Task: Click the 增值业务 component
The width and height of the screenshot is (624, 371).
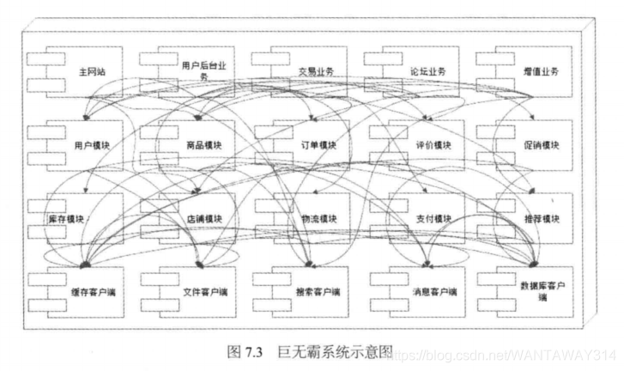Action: pyautogui.click(x=538, y=71)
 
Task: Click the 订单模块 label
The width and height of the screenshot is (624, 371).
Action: pyautogui.click(x=318, y=145)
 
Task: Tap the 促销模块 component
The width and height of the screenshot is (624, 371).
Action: pyautogui.click(x=542, y=145)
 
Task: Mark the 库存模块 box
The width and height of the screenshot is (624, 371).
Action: pyautogui.click(x=67, y=218)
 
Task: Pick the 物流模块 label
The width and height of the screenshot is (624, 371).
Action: pyautogui.click(x=318, y=218)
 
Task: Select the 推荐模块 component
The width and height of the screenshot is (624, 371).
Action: pyautogui.click(x=542, y=218)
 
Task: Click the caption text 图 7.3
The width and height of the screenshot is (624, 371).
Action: pyautogui.click(x=247, y=352)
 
